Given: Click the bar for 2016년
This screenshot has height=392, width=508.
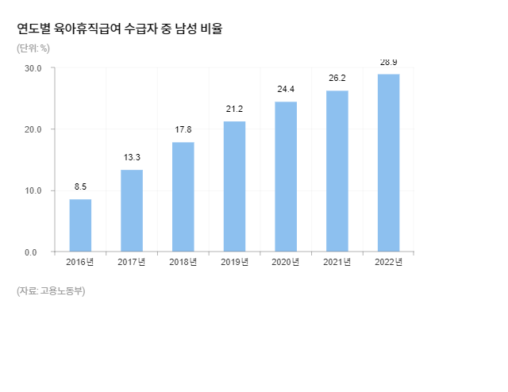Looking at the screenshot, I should click(x=80, y=225).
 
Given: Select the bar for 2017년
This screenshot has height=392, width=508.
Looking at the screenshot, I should click(x=132, y=211).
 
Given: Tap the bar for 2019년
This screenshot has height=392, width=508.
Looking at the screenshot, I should click(x=234, y=186).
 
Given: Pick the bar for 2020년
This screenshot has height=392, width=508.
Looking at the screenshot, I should click(x=286, y=177).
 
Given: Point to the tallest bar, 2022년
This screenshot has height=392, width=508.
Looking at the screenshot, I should click(x=388, y=163).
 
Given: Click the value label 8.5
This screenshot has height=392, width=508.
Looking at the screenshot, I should click(x=80, y=187).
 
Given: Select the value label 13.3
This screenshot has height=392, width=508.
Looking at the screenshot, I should click(x=132, y=158).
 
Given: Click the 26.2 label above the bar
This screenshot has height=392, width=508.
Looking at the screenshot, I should click(x=337, y=79).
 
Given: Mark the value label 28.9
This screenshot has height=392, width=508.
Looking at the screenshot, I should click(x=388, y=62).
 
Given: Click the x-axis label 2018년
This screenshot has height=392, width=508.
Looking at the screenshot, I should click(x=183, y=263).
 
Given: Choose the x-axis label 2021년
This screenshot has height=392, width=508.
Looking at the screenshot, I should click(x=337, y=263).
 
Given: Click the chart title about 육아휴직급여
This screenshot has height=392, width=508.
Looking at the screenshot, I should click(x=120, y=29).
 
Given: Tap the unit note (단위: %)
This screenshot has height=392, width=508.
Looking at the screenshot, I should click(x=33, y=48).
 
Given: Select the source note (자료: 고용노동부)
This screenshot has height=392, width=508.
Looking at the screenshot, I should click(x=51, y=291).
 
